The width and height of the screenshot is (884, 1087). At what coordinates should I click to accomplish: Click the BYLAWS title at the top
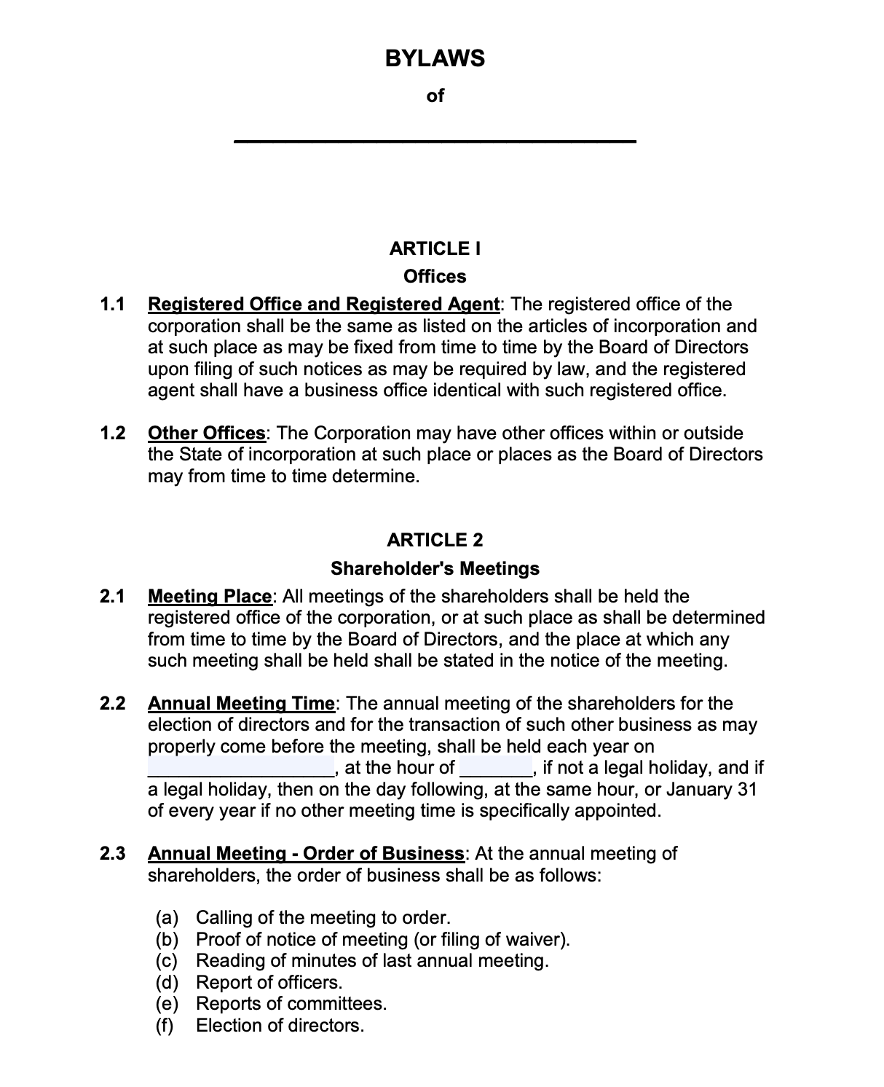(x=435, y=58)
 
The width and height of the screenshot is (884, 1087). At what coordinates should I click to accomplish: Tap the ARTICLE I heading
(x=435, y=249)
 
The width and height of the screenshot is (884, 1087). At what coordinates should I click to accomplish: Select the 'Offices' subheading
(x=435, y=277)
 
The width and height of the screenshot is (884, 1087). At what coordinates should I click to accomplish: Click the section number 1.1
(x=113, y=305)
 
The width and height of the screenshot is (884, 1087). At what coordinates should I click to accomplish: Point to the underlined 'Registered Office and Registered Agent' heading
(x=323, y=305)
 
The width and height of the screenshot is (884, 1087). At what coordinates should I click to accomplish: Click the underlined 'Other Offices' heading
(x=207, y=433)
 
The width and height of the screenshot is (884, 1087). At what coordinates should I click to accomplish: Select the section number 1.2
(x=113, y=433)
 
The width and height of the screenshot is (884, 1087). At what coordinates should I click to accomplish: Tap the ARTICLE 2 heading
(x=435, y=541)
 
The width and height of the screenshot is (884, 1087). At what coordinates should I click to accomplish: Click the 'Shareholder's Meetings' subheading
(x=435, y=569)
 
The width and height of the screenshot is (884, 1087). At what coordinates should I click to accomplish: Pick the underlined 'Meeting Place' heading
(x=210, y=597)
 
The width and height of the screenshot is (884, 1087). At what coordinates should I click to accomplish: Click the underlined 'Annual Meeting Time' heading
(x=241, y=704)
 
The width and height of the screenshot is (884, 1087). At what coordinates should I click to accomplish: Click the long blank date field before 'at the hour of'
(x=241, y=768)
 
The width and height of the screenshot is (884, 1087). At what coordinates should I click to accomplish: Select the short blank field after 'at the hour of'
(x=497, y=768)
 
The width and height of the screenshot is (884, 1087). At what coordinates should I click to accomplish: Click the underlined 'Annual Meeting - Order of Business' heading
(x=306, y=854)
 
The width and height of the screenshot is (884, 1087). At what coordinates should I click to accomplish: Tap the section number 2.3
(x=113, y=854)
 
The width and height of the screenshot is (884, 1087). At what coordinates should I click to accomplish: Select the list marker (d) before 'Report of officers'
(x=167, y=983)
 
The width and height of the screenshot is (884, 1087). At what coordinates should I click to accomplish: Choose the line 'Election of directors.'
(x=280, y=1026)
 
